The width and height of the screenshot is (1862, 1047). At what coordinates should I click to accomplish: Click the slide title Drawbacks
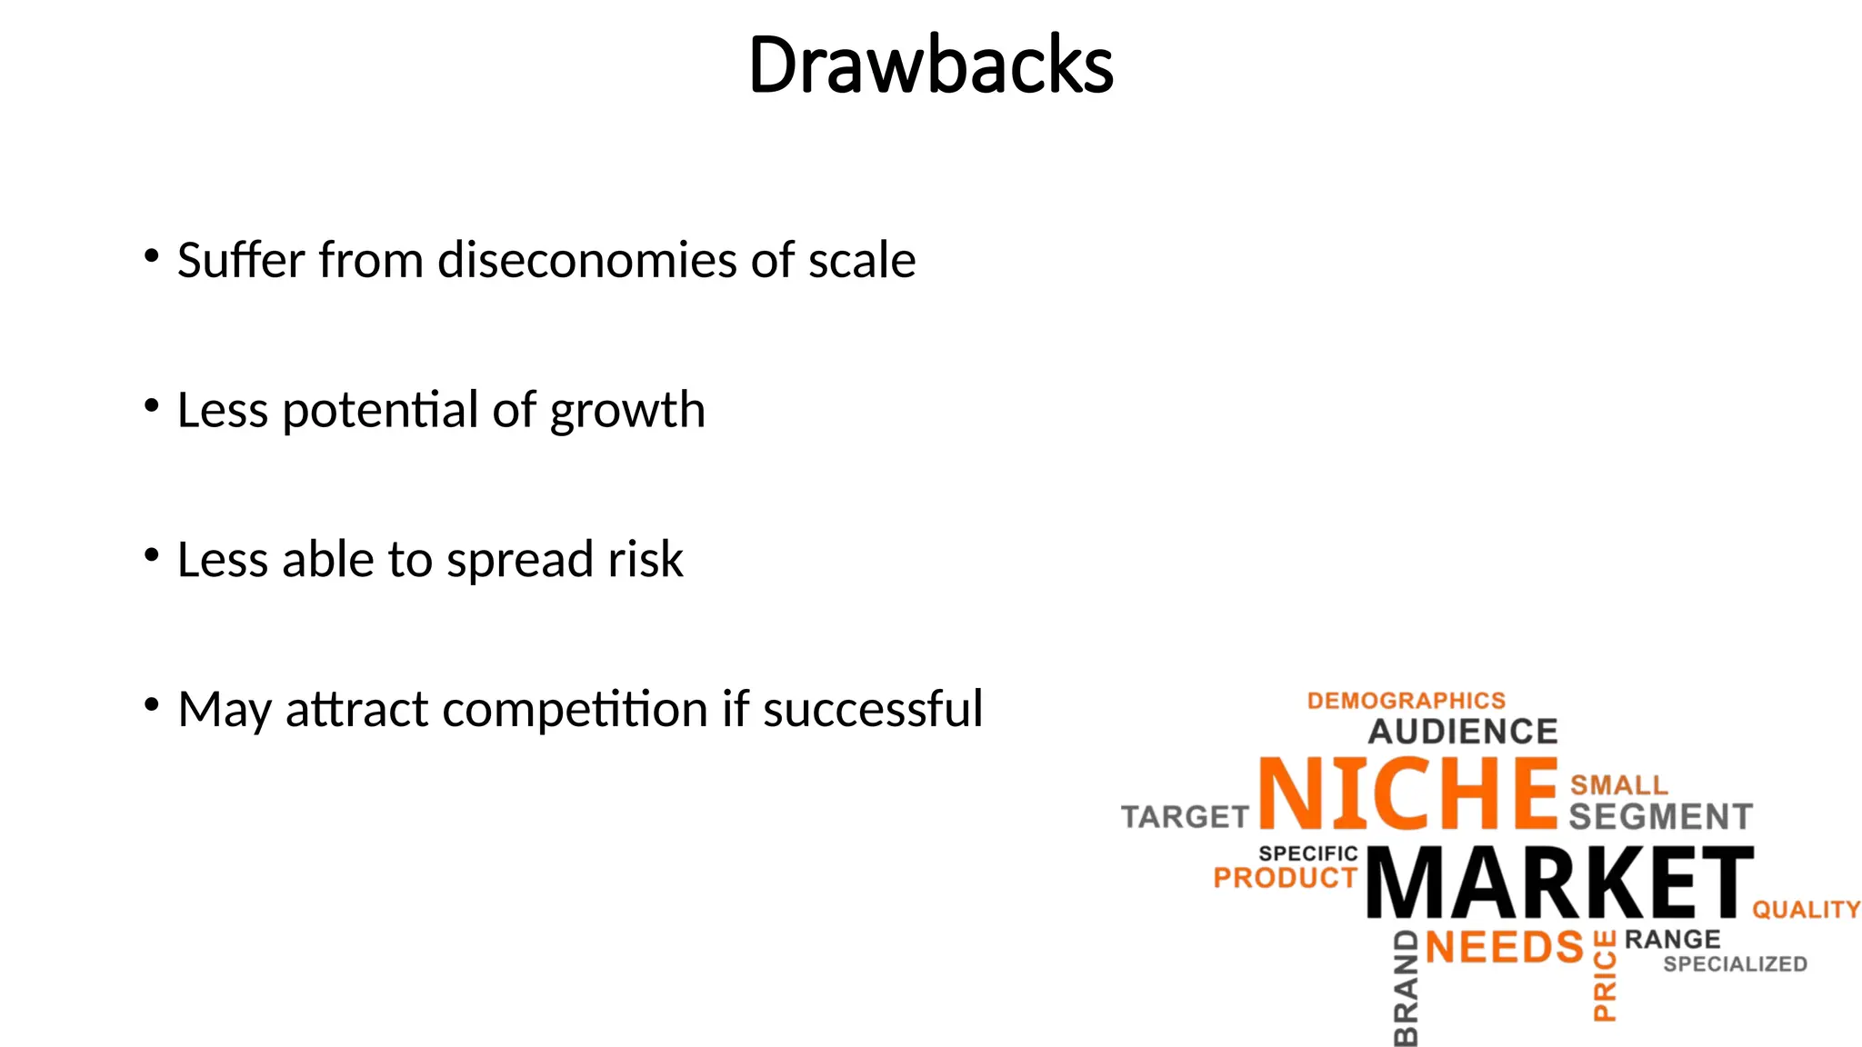(930, 65)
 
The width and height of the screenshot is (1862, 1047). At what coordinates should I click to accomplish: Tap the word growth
(627, 411)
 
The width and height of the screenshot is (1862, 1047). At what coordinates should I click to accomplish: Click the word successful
(872, 709)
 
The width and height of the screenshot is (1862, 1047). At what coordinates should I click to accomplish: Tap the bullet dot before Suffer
(152, 255)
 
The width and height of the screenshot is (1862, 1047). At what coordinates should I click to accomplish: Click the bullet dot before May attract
(152, 704)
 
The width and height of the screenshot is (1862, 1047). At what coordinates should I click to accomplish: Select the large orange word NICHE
(1408, 793)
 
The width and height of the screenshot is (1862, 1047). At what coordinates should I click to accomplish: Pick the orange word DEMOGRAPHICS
(1406, 701)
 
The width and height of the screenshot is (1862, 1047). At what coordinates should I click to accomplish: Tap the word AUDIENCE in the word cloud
(1463, 732)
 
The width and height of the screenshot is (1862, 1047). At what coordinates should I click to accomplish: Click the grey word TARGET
(1185, 817)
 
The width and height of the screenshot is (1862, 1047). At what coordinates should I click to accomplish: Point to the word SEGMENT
(1660, 817)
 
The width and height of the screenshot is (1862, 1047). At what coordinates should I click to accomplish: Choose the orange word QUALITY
(1806, 910)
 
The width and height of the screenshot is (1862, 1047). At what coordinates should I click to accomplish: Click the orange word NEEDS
(1504, 948)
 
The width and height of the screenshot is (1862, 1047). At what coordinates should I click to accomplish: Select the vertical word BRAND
(1406, 989)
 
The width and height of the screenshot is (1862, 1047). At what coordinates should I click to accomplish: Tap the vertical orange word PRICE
(1605, 976)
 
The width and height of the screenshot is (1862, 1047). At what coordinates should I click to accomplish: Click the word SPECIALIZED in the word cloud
(1735, 964)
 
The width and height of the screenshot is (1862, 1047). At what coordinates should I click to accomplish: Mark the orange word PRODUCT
(1285, 878)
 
